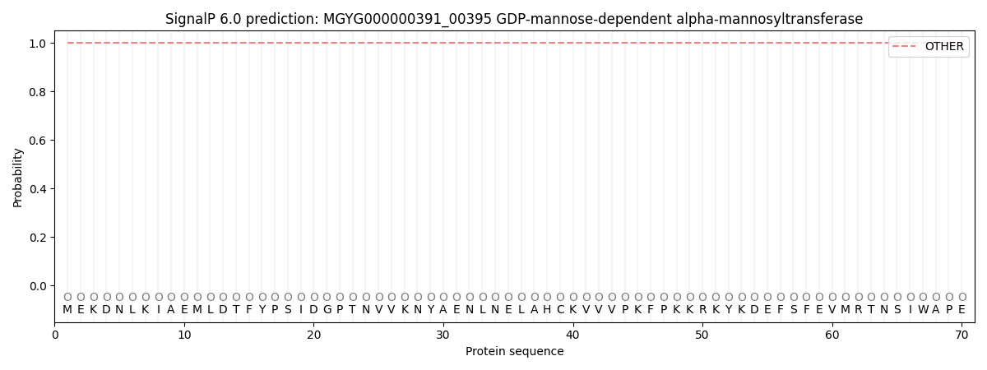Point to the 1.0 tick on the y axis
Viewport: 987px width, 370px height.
click(38, 43)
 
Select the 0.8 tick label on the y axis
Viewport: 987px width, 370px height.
click(38, 91)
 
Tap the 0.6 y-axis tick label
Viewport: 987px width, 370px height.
click(38, 140)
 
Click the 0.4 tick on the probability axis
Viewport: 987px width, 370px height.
click(38, 189)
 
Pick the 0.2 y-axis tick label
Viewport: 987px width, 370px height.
click(38, 238)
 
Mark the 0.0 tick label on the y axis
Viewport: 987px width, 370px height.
click(38, 286)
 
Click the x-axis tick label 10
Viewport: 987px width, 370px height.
click(184, 335)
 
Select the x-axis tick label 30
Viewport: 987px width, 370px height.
click(443, 335)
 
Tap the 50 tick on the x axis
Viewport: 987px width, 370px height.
click(702, 335)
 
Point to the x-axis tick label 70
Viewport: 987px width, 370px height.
click(962, 335)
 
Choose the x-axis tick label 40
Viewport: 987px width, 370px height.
click(572, 335)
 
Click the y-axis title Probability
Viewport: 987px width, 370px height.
click(17, 178)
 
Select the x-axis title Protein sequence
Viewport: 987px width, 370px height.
click(515, 352)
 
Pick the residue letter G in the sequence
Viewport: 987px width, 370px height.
click(327, 310)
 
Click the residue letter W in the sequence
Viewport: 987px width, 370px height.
click(923, 310)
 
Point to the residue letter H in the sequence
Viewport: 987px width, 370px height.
click(547, 310)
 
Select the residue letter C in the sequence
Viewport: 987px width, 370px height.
click(560, 310)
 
